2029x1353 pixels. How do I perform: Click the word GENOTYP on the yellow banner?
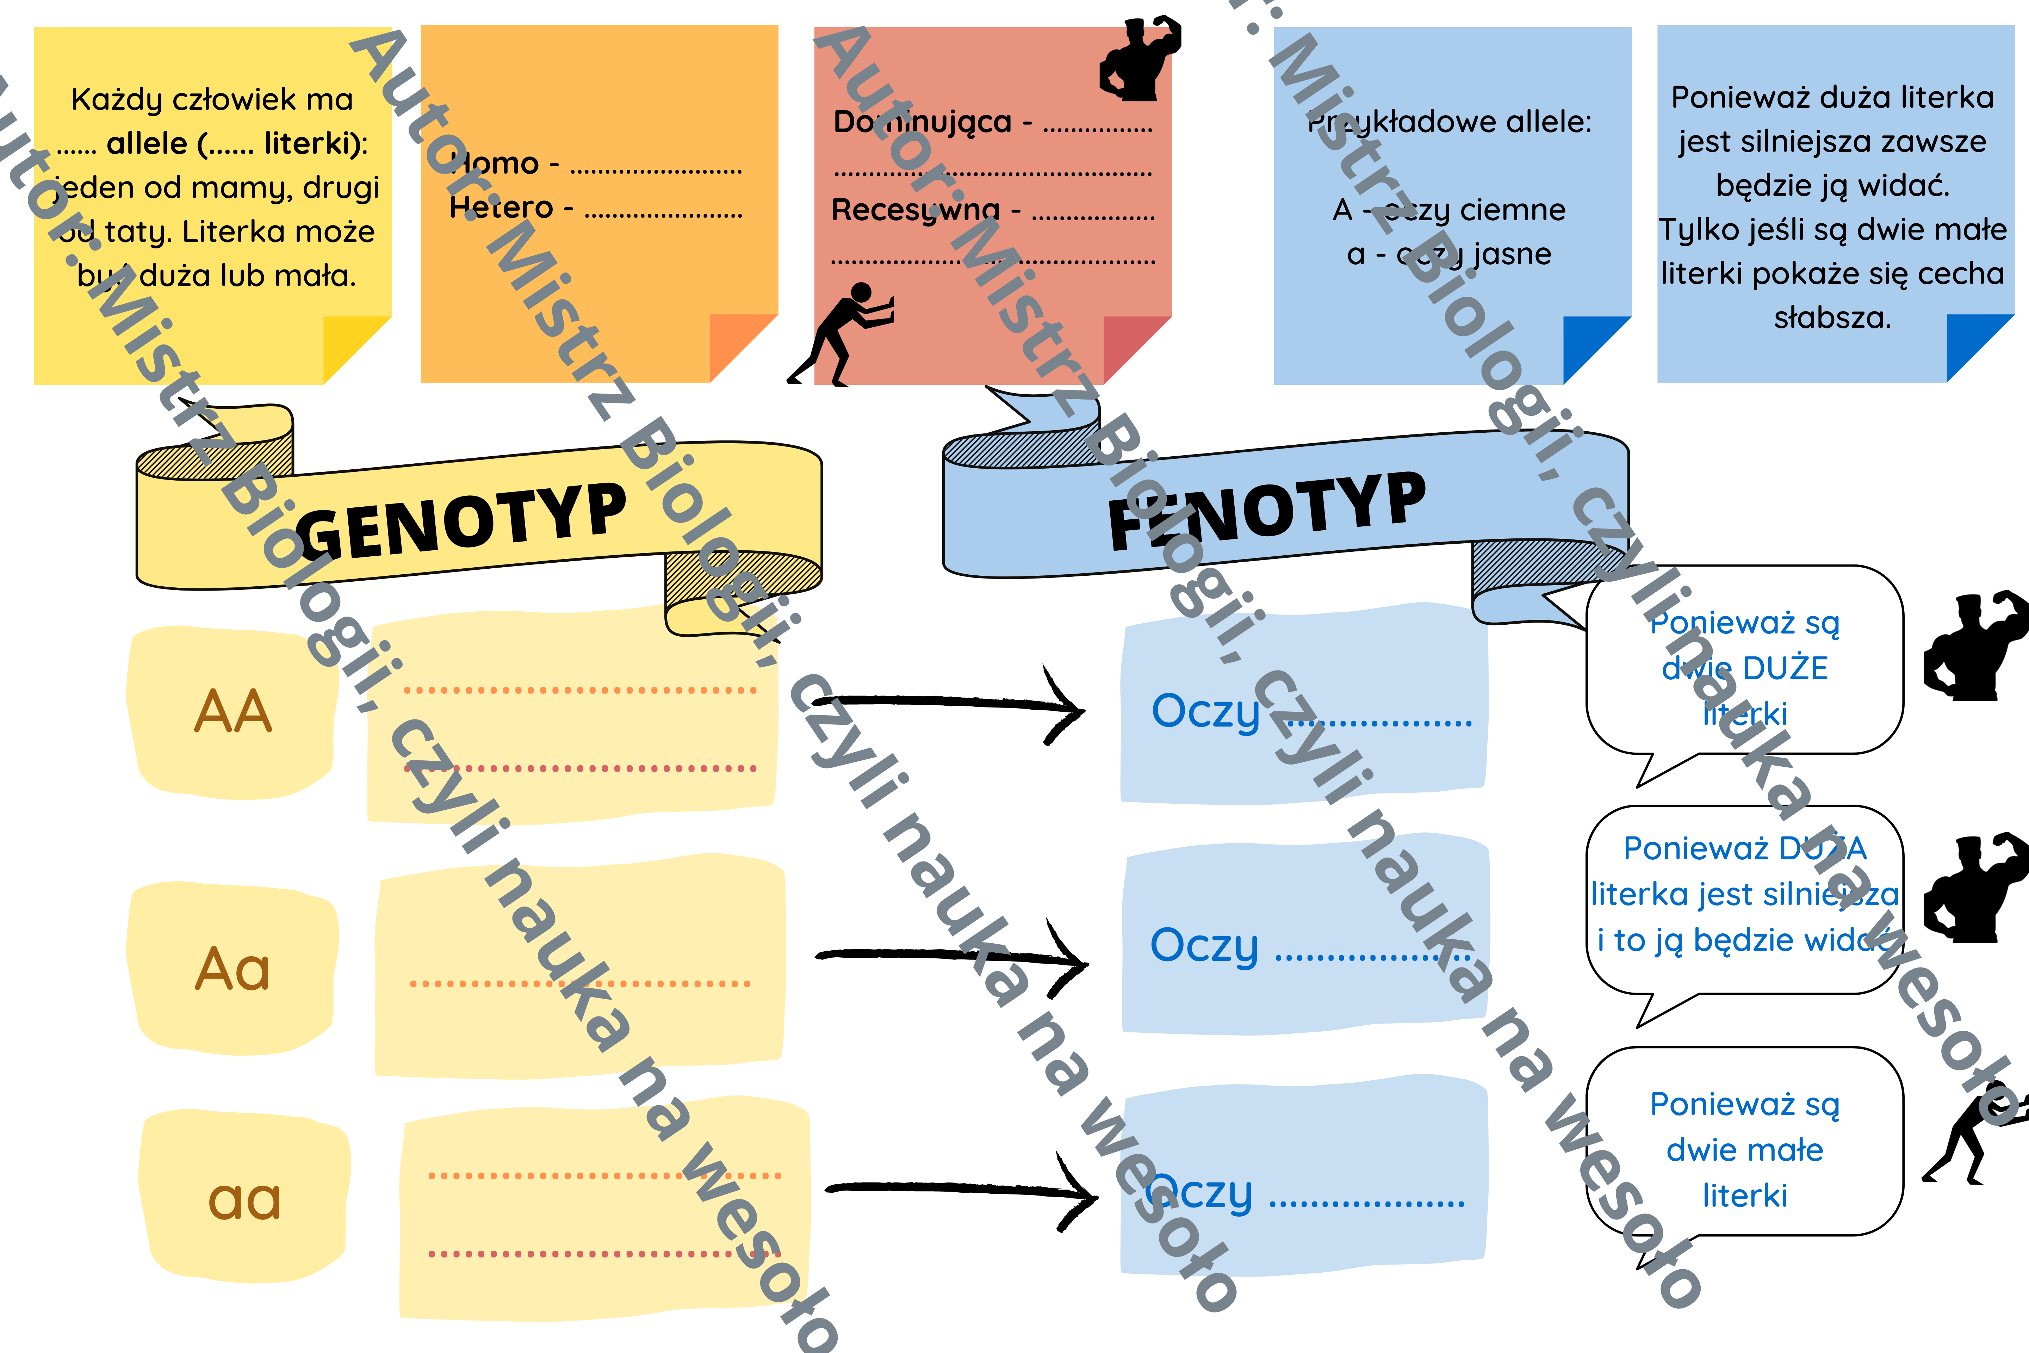pos(461,520)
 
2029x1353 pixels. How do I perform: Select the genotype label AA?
pos(233,712)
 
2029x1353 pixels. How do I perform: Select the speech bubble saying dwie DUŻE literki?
pos(1744,666)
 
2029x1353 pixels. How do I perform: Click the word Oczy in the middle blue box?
pos(1204,947)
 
